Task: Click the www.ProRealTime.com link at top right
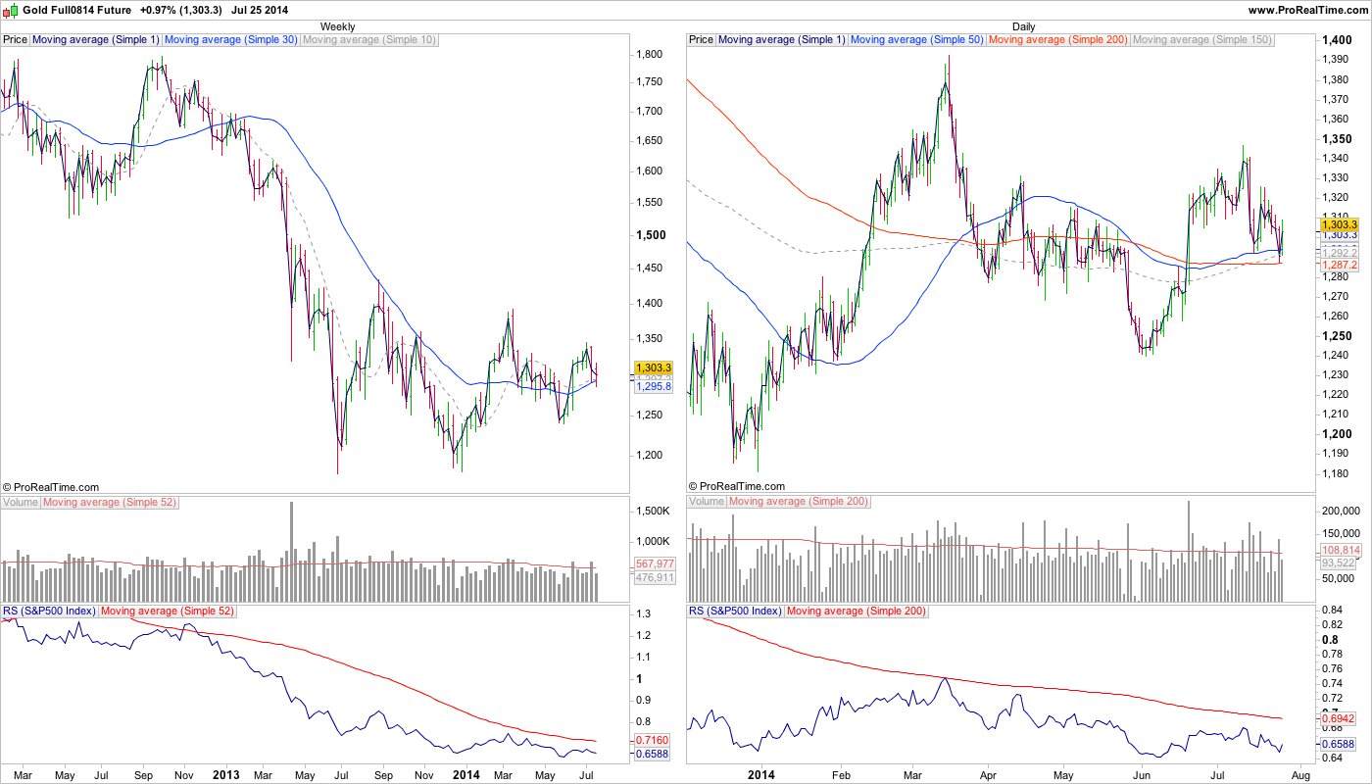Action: (x=1308, y=10)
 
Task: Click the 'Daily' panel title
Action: (x=1023, y=26)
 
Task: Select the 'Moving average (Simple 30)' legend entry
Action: (x=230, y=40)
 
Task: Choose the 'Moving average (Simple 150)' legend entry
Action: (x=1201, y=40)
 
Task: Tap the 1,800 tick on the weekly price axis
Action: (x=651, y=55)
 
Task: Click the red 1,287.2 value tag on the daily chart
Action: (x=1340, y=265)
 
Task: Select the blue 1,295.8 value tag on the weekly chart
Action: (x=654, y=387)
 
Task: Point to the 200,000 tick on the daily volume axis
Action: (x=1342, y=512)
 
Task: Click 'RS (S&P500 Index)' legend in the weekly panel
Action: (x=49, y=612)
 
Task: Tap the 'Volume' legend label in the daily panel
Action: (x=706, y=502)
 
